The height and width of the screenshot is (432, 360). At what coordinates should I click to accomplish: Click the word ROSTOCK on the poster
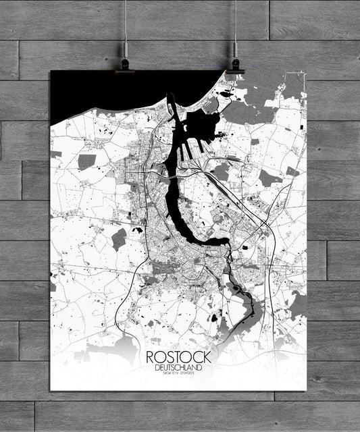tap(178, 357)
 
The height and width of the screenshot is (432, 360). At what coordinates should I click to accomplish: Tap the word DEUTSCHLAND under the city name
tap(178, 367)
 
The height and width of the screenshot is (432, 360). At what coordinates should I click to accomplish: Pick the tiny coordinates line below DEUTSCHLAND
tap(178, 374)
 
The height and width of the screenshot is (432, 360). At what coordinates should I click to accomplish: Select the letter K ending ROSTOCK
tap(206, 357)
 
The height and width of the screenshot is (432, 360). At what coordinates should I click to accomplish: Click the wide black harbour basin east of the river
tap(203, 128)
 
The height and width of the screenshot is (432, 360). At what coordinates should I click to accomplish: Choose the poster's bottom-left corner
tap(51, 389)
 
